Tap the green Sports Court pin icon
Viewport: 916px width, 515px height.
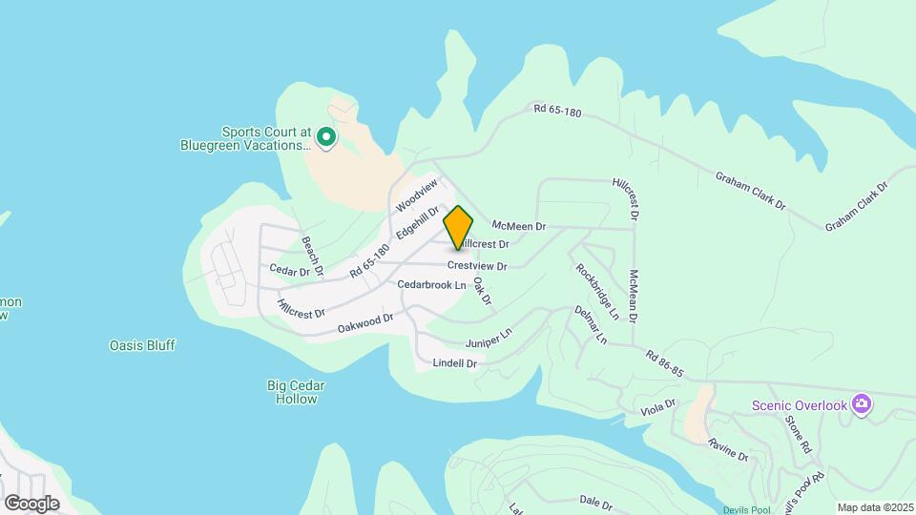point(325,138)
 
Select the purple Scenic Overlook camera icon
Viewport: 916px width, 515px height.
point(862,405)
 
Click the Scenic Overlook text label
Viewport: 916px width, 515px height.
point(799,405)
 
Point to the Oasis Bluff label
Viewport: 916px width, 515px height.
point(142,345)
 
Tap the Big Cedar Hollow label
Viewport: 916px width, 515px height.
point(295,392)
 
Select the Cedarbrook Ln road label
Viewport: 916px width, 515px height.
point(431,285)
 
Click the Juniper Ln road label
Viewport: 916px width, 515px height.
point(489,338)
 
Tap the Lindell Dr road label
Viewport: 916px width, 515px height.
point(454,363)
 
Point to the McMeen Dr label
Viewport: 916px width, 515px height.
point(518,226)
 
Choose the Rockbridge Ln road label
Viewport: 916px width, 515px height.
point(598,290)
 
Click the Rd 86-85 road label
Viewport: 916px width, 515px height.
point(665,363)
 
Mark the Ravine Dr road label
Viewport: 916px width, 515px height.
point(728,452)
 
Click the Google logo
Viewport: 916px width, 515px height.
point(31,503)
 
